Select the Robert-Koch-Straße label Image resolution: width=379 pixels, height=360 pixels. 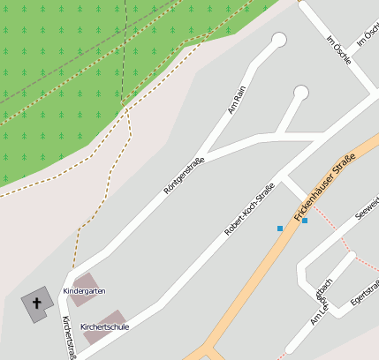249,208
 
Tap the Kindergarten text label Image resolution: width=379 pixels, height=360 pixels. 85,291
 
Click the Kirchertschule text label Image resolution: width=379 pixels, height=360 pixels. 104,327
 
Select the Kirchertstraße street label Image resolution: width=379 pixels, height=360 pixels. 67,337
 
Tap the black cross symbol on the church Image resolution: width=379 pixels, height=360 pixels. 37,305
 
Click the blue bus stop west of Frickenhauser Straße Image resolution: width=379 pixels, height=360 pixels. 280,229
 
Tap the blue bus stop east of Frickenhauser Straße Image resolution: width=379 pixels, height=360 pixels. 305,221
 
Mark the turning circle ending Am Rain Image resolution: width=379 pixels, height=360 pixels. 279,40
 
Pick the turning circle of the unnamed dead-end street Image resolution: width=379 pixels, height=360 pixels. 300,92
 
